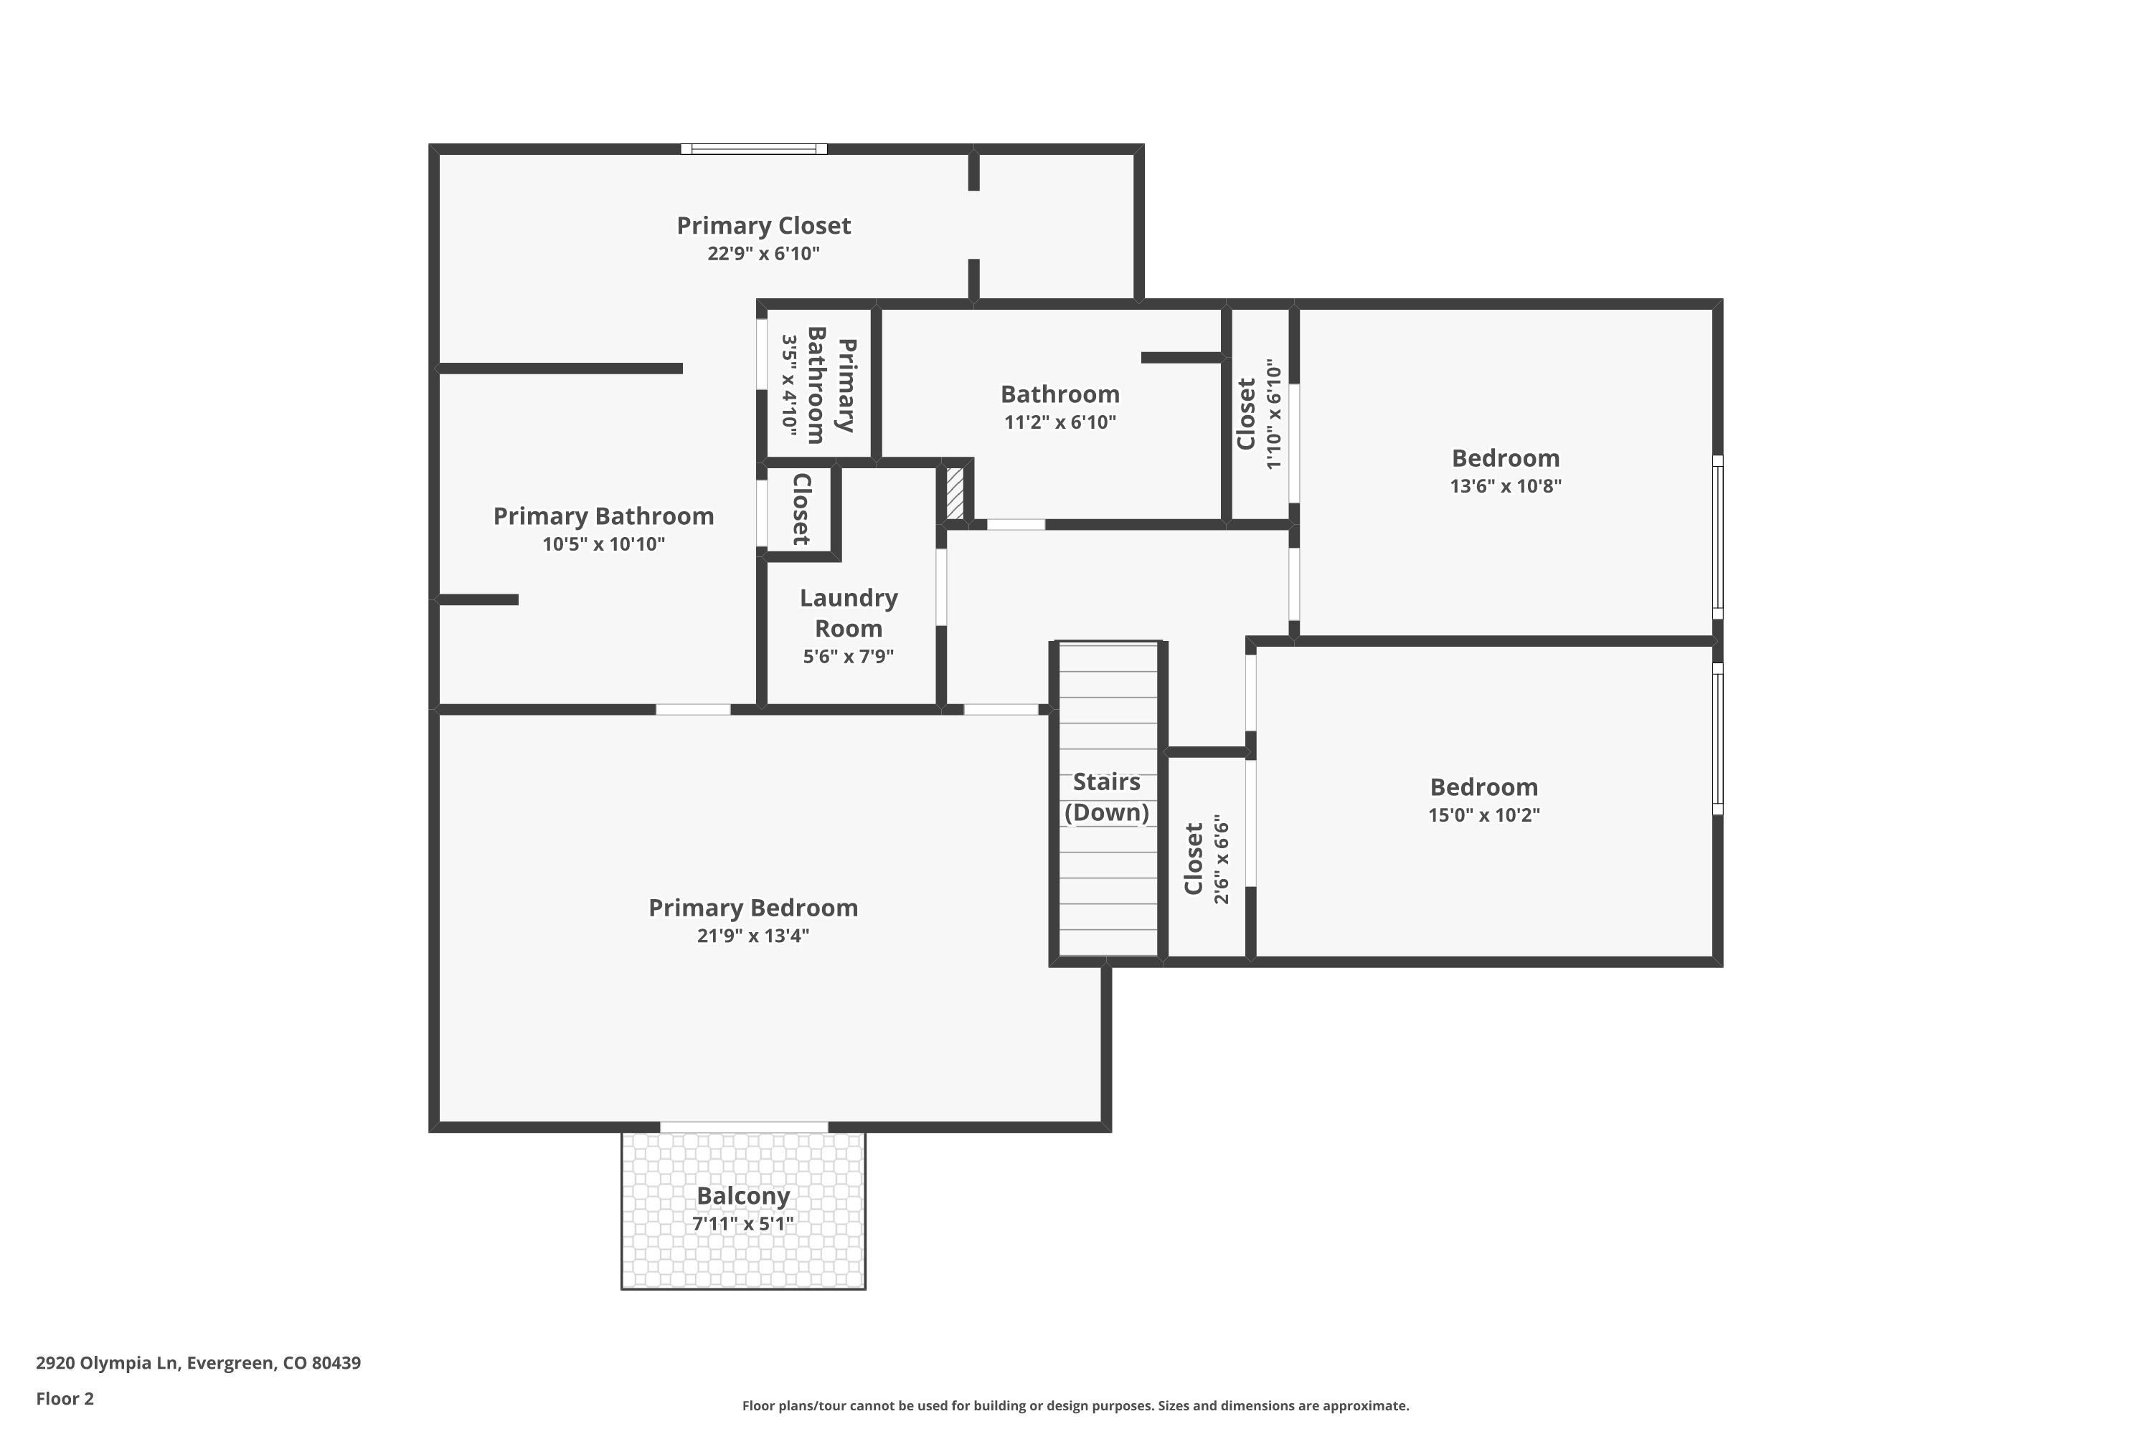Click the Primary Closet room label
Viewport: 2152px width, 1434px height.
[x=763, y=226]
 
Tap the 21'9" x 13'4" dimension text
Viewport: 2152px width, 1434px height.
[x=753, y=936]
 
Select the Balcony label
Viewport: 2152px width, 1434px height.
[x=743, y=1196]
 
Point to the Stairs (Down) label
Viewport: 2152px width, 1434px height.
[x=1106, y=797]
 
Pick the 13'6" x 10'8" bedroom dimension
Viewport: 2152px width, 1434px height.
[x=1505, y=485]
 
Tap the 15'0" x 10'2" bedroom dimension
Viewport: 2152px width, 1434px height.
[x=1484, y=815]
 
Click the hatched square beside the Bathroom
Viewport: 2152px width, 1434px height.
[x=954, y=494]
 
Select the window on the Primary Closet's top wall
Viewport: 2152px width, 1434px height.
[x=754, y=149]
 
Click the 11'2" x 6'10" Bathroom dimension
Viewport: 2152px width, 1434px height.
[x=1060, y=422]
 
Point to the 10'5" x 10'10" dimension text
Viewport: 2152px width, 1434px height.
[x=603, y=544]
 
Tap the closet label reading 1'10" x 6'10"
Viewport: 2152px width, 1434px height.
[x=1260, y=414]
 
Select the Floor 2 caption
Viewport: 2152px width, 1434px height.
[x=65, y=1398]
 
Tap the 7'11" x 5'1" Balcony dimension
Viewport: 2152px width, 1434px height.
[x=743, y=1224]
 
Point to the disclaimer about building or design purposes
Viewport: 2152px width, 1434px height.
[x=1075, y=1405]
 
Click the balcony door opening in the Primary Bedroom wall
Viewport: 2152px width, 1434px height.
[x=744, y=1126]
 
